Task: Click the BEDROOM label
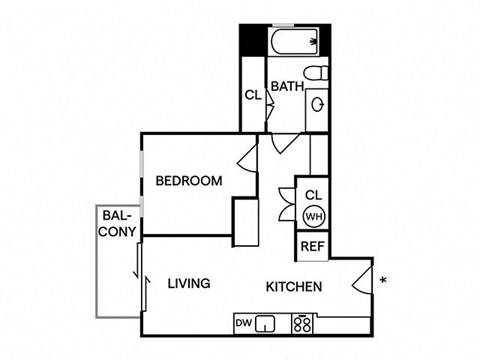[188, 181]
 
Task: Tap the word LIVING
[188, 284]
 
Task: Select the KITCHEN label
[293, 288]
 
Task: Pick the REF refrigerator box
[312, 246]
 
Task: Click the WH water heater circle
[312, 215]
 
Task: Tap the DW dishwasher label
[242, 323]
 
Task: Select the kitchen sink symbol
[265, 323]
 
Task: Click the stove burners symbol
[301, 323]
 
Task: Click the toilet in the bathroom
[316, 73]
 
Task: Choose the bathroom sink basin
[317, 104]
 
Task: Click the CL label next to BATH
[253, 97]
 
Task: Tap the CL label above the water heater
[312, 194]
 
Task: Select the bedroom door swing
[246, 157]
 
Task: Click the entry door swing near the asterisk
[361, 279]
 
